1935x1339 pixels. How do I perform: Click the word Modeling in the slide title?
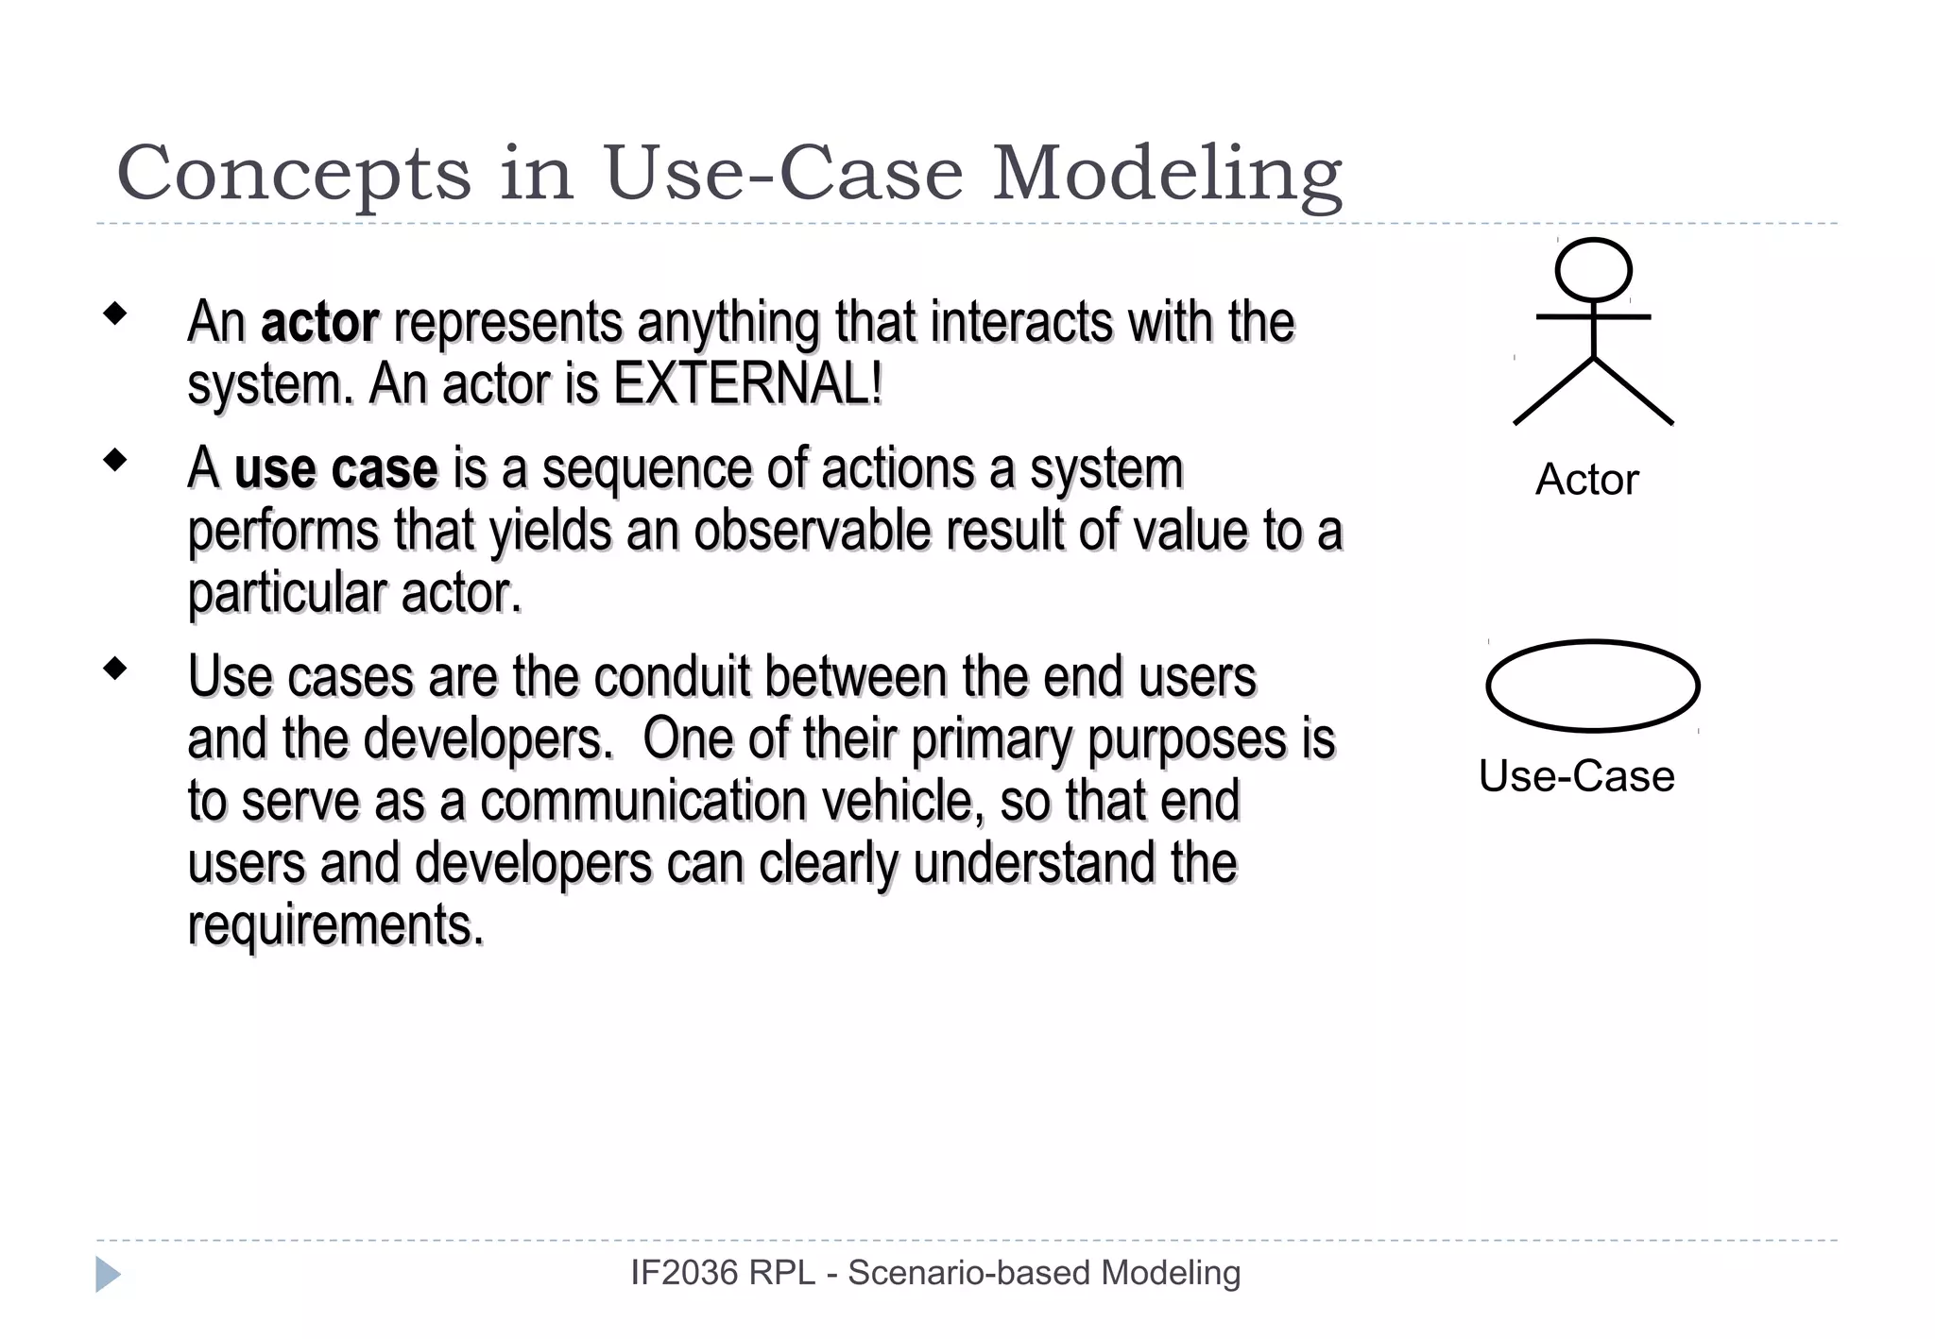coord(1168,175)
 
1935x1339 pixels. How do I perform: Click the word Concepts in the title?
coord(293,175)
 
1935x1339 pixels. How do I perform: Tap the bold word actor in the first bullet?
coord(319,322)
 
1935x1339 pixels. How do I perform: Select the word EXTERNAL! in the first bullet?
coord(747,384)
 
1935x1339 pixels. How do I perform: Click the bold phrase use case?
coord(335,469)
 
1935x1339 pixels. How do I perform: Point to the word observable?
coord(812,531)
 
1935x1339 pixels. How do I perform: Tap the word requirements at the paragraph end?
coord(334,924)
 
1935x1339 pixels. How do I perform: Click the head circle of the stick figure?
coord(1593,270)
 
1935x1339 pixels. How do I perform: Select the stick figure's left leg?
coord(1553,392)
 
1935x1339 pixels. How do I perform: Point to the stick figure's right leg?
coord(1635,392)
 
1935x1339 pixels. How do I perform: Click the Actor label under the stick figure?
coord(1586,480)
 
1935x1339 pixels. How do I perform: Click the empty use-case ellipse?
coord(1593,686)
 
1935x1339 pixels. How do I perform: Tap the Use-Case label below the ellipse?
coord(1576,776)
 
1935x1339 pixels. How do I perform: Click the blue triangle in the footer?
coord(107,1274)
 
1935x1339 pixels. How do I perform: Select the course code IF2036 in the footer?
coord(683,1273)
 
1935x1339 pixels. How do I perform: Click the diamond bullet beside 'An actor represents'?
coord(115,314)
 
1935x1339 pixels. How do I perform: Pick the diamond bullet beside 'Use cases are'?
coord(115,669)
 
